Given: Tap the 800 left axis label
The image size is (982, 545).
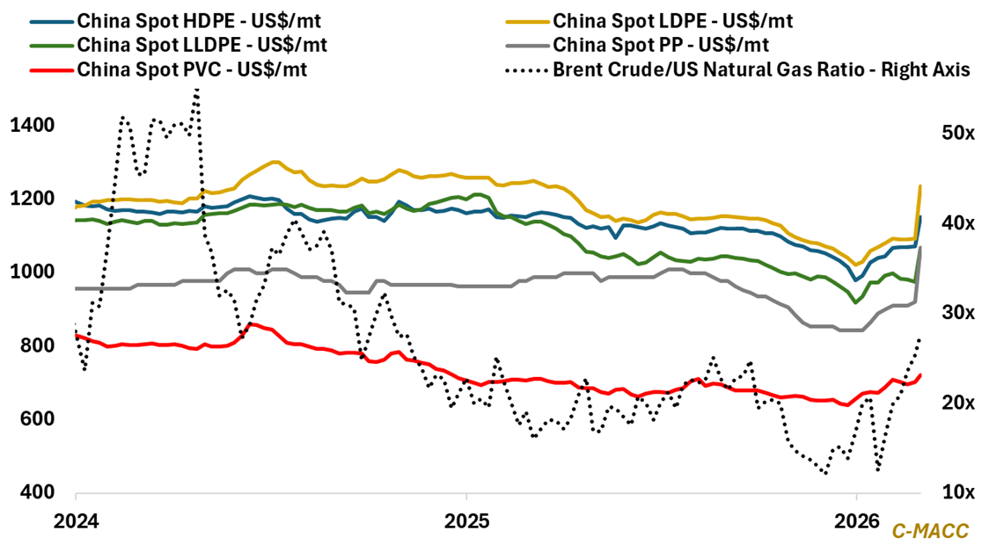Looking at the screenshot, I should coord(32,346).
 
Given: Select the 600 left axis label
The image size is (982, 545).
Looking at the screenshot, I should coord(32,419).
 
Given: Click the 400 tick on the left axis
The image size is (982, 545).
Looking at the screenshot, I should coord(32,492).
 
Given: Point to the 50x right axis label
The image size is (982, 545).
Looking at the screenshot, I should coord(952,133).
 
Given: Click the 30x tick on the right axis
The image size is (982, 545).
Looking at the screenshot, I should coord(952,313).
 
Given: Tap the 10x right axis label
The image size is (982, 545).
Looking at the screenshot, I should coord(952,492).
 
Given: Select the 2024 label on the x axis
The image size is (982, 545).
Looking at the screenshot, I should coord(75,520).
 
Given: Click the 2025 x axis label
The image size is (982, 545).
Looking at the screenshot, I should coord(466,520).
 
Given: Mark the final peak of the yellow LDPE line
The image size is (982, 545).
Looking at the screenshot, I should coord(920,185).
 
